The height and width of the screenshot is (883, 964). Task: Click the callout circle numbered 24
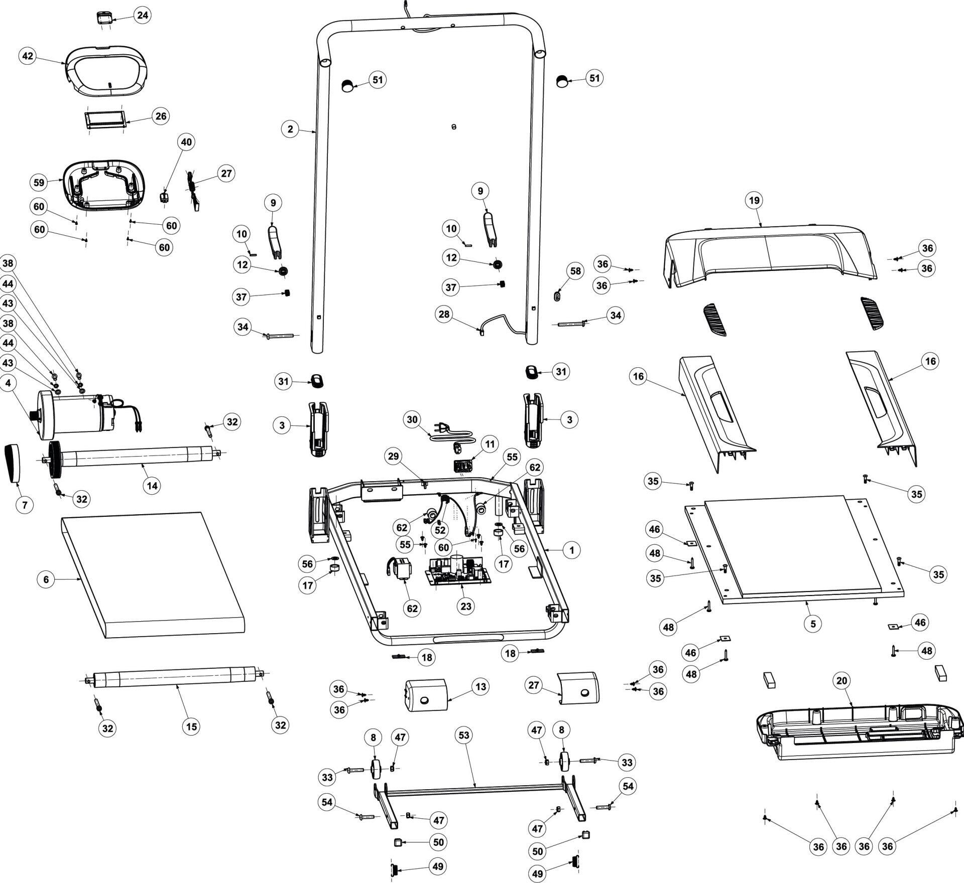pos(143,16)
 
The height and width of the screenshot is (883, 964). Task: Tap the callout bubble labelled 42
pos(28,56)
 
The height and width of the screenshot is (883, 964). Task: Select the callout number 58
pos(575,271)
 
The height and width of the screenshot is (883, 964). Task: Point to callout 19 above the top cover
pos(754,201)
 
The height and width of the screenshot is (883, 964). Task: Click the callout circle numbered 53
pos(463,735)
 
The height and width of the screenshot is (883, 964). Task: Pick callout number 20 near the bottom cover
pos(841,681)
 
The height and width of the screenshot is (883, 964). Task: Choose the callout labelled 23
pos(466,606)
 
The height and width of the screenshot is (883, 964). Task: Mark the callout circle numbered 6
pos(46,579)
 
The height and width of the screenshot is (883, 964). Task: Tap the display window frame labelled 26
pos(104,120)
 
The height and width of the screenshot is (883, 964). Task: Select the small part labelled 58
pos(556,297)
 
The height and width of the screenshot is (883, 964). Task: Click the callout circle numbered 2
pos(290,129)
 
